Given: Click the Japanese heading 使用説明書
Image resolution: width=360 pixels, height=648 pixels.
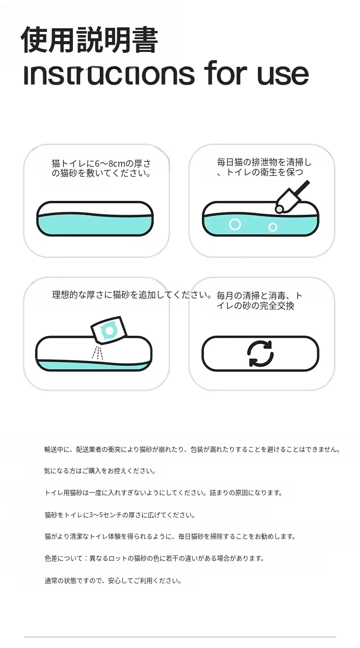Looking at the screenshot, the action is point(90,40).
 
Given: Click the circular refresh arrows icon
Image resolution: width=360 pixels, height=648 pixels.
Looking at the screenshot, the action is point(260,354).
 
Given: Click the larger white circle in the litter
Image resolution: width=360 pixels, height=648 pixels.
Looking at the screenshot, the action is point(235,225).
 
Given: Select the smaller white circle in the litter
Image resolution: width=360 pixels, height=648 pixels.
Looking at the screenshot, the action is point(273,227).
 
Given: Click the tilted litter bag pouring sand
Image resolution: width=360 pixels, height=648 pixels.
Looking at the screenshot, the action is point(108,330).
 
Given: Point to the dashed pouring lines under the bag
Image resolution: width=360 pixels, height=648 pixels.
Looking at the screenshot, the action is point(98,353).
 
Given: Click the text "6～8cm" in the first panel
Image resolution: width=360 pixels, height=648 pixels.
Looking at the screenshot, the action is point(106,164).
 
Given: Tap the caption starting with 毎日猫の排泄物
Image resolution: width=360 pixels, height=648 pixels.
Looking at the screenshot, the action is point(264,167).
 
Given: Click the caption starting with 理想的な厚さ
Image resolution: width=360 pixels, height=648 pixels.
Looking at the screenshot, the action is point(132,295).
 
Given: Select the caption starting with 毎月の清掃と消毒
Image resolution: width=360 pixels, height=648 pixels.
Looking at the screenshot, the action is point(260,301).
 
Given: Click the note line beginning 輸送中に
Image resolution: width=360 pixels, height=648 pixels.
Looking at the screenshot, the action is point(192,449).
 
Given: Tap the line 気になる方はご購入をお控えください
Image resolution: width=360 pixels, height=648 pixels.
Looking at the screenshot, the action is point(100,471).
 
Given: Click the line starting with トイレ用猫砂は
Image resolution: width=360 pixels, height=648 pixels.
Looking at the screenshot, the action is point(164,493).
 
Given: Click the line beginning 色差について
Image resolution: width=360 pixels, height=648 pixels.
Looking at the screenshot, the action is point(154,558).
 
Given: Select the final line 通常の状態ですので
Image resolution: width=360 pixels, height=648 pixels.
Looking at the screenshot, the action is point(113,581).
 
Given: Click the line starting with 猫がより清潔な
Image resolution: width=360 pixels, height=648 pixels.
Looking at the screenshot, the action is point(170,537).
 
